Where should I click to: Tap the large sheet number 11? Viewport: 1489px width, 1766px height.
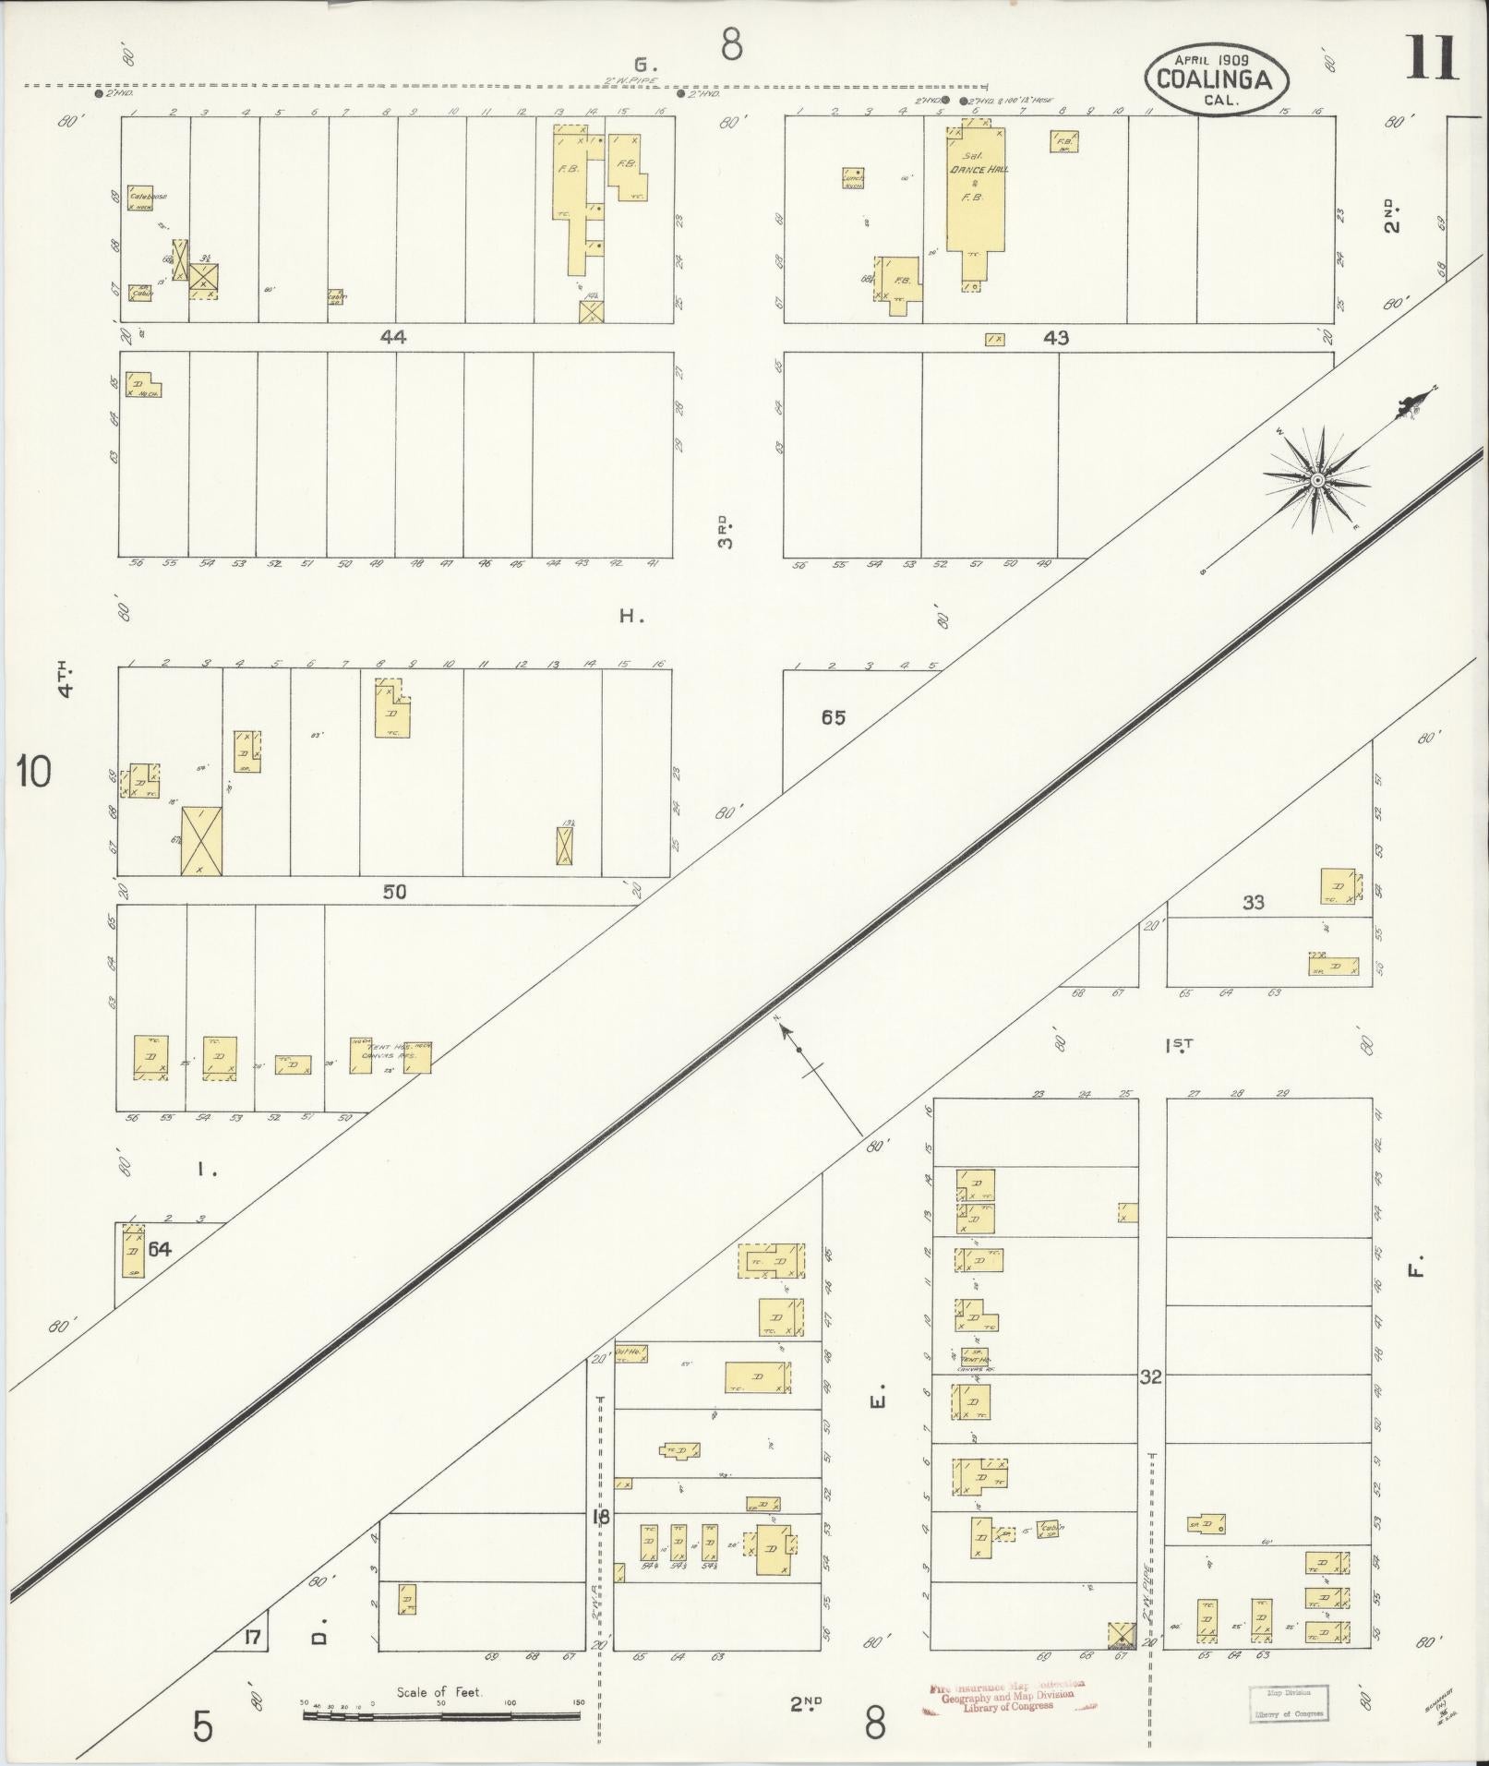(x=1432, y=59)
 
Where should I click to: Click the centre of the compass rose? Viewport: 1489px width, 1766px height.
(x=1317, y=480)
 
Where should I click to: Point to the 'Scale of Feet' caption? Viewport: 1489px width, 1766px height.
(x=440, y=1692)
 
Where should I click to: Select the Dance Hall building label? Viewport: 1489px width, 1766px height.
(x=976, y=170)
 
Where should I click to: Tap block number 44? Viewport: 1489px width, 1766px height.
(x=393, y=338)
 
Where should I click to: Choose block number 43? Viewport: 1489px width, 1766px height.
(x=1055, y=338)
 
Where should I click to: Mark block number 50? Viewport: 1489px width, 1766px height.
(x=394, y=892)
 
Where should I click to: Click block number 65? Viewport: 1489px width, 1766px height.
(x=833, y=717)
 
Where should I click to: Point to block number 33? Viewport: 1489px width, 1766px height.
(x=1253, y=902)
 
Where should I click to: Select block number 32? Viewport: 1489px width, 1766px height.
(x=1150, y=1376)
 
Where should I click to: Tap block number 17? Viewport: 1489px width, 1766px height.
(x=252, y=1638)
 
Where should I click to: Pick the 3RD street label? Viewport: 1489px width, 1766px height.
(x=727, y=532)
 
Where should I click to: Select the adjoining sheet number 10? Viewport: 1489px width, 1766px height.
(x=34, y=771)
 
